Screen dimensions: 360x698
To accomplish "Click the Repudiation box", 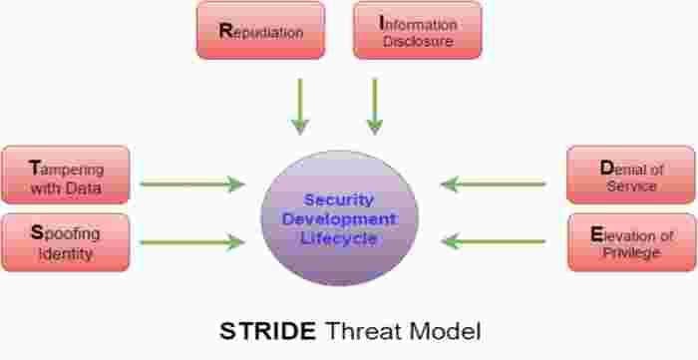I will tap(260, 30).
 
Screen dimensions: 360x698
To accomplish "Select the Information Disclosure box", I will tap(418, 30).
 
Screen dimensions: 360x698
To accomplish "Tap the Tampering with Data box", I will tap(66, 176).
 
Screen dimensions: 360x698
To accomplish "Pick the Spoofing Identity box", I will tap(66, 242).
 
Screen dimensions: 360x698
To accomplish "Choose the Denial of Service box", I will tap(631, 176).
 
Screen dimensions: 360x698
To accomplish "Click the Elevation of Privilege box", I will tap(631, 242).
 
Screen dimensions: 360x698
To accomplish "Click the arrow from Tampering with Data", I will tap(192, 183).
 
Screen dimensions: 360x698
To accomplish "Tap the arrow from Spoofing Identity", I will tap(192, 241).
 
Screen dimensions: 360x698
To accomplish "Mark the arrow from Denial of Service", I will tap(494, 183).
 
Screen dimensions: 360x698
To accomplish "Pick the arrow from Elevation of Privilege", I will tap(494, 241).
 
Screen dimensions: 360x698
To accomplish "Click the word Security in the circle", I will tap(338, 199).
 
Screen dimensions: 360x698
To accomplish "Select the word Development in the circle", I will tap(338, 218).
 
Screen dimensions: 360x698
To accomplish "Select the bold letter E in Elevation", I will tap(596, 235).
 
